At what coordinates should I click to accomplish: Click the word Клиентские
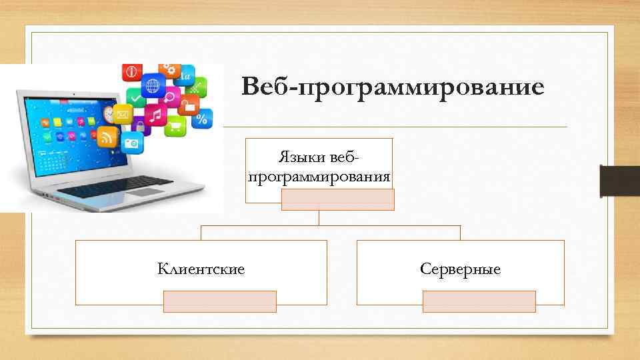click(x=201, y=269)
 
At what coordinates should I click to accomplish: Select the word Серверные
click(x=460, y=269)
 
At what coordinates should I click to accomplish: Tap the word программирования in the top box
click(x=319, y=177)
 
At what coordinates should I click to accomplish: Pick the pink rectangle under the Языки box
click(x=338, y=199)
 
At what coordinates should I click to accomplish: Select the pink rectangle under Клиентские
click(x=220, y=301)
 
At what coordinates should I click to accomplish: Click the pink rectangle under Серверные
click(x=479, y=301)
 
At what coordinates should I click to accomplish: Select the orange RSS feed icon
click(x=107, y=138)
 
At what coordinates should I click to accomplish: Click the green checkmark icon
click(x=135, y=99)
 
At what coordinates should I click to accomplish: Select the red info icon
click(x=131, y=71)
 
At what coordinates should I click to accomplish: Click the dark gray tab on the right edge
click(x=619, y=181)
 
